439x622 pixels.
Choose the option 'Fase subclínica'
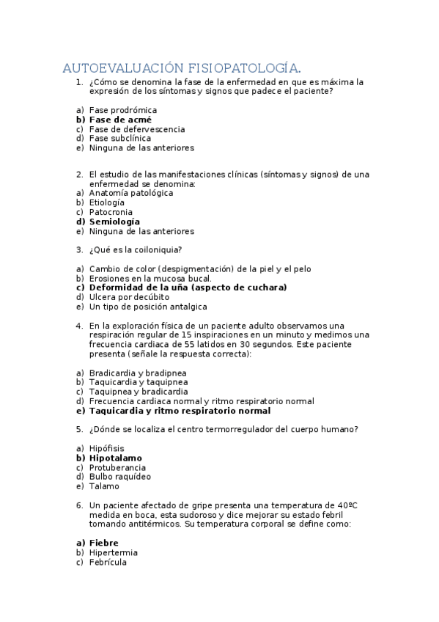(x=120, y=138)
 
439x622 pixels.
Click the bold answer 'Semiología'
(x=114, y=222)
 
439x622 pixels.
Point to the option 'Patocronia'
(x=111, y=212)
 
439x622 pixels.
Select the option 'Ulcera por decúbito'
(x=129, y=297)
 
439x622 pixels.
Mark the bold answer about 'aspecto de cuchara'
(x=188, y=288)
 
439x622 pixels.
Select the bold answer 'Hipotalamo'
(x=116, y=458)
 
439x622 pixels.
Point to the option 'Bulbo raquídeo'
(x=120, y=477)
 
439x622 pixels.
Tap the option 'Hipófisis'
(x=107, y=448)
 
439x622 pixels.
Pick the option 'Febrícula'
(x=108, y=562)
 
